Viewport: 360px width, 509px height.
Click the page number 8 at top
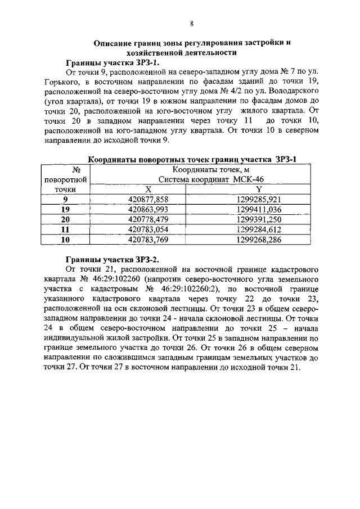click(191, 23)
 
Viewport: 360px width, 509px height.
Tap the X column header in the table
click(148, 190)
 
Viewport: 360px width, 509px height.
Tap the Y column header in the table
click(258, 190)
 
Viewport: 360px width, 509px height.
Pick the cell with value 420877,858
click(148, 199)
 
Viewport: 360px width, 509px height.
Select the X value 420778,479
click(148, 219)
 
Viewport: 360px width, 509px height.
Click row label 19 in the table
click(65, 209)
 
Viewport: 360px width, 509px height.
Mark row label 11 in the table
click(65, 229)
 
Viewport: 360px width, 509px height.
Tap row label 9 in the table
click(65, 199)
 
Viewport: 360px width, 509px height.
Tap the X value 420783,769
click(148, 240)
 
